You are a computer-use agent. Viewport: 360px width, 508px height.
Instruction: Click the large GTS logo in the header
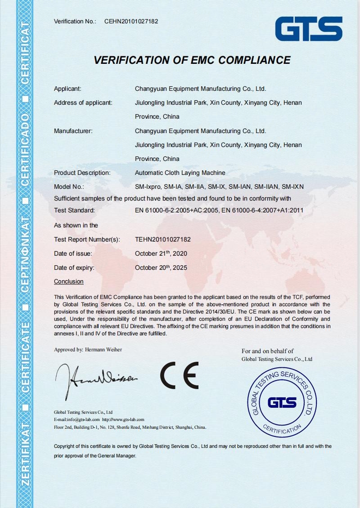point(309,29)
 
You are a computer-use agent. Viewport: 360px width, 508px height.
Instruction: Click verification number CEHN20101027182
point(131,21)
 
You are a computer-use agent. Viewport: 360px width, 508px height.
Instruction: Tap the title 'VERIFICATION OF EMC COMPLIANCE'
point(192,60)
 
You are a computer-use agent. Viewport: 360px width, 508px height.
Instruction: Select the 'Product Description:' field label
point(82,173)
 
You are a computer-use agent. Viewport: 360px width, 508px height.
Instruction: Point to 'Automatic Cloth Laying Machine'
point(180,173)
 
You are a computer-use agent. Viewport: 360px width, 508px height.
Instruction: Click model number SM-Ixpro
point(148,187)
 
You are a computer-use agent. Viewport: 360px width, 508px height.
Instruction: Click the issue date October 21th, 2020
point(161,254)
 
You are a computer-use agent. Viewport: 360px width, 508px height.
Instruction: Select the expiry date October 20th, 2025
point(161,267)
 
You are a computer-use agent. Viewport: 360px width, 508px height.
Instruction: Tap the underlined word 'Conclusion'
point(69,281)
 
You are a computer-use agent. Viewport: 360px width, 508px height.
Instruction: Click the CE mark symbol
point(180,375)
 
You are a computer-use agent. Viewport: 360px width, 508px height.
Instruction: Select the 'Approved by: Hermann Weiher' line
point(88,349)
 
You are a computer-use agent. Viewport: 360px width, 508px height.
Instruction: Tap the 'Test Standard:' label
point(74,210)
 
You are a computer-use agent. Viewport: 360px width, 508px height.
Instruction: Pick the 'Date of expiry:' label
point(74,267)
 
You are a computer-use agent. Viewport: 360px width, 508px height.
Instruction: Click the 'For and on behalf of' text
point(267,351)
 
